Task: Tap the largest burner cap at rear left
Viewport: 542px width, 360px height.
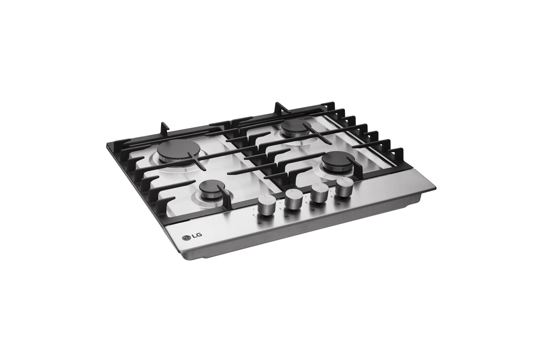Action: (x=175, y=151)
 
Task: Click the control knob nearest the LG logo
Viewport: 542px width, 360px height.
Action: (x=266, y=208)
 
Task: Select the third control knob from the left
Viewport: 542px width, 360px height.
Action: (x=319, y=195)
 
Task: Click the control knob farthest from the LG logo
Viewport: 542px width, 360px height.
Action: (x=343, y=189)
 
